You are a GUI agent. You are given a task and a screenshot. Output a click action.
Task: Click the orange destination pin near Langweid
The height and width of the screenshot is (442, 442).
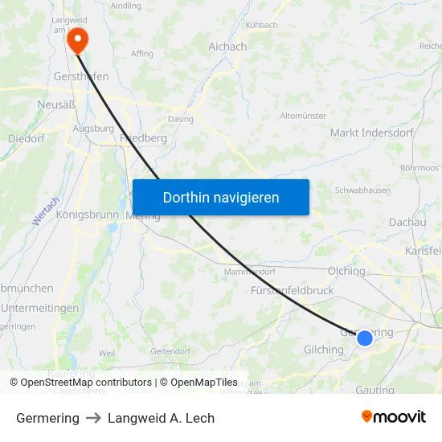[77, 39]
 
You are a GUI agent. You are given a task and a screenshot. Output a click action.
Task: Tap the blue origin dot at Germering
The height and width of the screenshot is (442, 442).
[365, 338]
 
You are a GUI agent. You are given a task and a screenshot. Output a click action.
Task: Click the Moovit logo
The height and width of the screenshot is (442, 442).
[394, 417]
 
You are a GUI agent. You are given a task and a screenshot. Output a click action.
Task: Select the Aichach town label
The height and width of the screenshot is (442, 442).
[227, 47]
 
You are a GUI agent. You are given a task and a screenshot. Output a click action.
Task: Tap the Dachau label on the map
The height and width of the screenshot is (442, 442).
[407, 222]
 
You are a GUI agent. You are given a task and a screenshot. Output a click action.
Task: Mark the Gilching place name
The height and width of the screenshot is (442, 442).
[324, 350]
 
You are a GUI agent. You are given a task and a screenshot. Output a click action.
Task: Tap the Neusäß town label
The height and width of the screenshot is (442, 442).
[56, 104]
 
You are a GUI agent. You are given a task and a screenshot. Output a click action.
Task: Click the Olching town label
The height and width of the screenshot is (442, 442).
[346, 271]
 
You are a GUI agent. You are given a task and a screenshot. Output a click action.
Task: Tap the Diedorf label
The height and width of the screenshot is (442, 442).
[26, 138]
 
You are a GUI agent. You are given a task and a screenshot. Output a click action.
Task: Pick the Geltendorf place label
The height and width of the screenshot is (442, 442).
[170, 351]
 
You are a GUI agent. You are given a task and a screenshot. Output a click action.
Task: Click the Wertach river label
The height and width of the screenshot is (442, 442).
[47, 211]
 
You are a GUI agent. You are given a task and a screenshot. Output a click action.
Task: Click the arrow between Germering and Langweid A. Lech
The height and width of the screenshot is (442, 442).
[93, 418]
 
